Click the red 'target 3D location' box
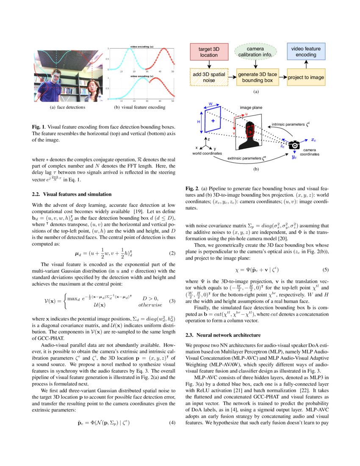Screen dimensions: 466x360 209,52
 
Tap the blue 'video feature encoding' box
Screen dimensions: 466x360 306,52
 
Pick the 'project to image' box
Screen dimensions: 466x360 306,78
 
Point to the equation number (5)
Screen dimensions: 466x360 325,269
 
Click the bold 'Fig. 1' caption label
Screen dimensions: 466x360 39,127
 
